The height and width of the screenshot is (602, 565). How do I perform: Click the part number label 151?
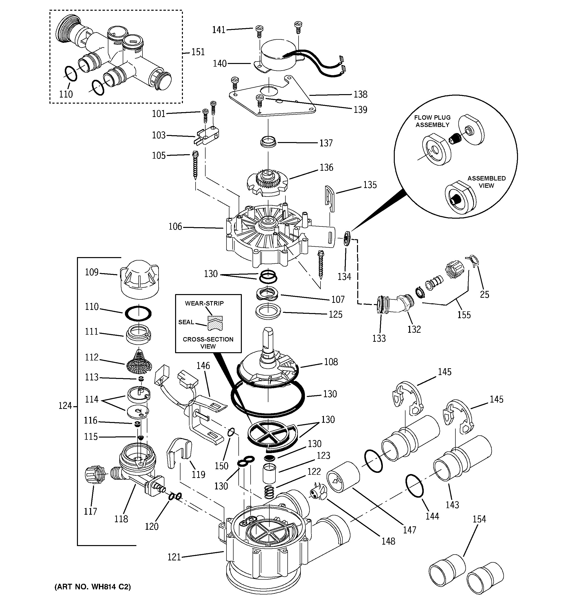coord(198,52)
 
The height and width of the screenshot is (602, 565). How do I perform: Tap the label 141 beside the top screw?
coord(219,30)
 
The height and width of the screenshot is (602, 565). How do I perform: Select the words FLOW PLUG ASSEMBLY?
coord(432,121)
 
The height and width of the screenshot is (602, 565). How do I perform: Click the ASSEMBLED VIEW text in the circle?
coord(486,182)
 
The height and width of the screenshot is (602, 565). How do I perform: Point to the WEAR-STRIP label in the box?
coord(204,303)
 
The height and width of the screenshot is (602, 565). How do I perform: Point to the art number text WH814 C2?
coord(93,587)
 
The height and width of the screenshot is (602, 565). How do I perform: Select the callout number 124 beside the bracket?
coord(65,406)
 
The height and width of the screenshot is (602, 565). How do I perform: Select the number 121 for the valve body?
coord(174,557)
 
